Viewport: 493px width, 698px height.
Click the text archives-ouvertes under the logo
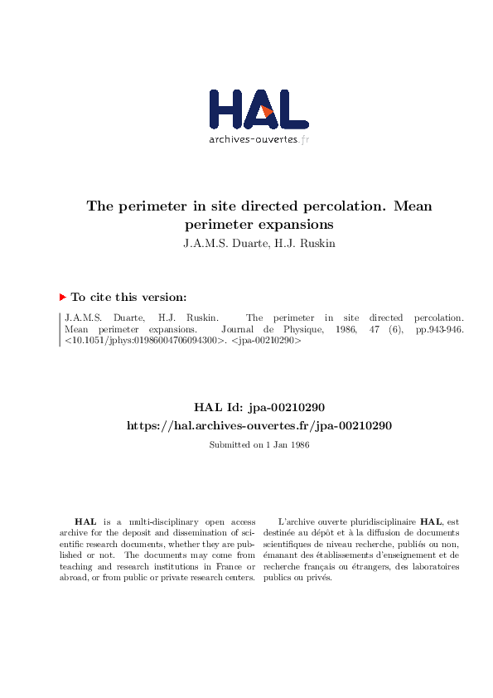tap(253, 139)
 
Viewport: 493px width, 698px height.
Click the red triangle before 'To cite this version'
tap(62, 297)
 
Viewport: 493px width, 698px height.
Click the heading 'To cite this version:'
tap(128, 297)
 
